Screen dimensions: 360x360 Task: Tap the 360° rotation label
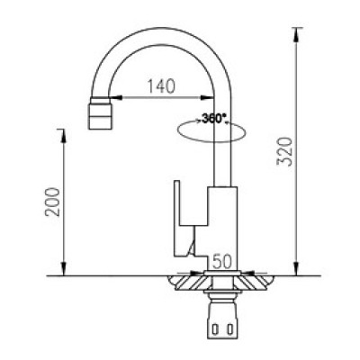215,118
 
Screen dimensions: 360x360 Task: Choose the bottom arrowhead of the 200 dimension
65,271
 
